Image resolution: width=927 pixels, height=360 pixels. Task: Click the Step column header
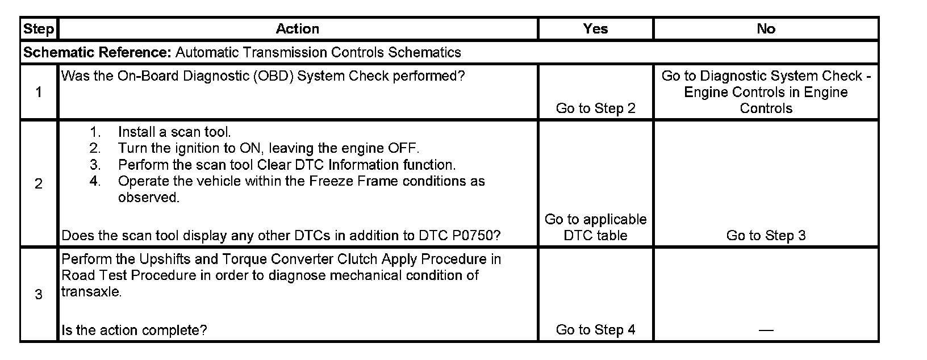[x=39, y=29]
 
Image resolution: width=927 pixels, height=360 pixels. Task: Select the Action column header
[x=297, y=29]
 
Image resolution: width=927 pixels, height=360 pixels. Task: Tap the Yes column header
[x=595, y=29]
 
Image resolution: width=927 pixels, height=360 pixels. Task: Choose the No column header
[x=766, y=29]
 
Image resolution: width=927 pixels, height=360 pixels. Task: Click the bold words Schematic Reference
[x=97, y=53]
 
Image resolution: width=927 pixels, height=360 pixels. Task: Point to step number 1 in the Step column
[x=39, y=92]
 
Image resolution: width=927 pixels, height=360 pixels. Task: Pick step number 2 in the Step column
[x=39, y=183]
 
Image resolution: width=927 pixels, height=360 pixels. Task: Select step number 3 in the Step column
[x=39, y=294]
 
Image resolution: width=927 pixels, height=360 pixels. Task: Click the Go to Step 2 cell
[x=595, y=108]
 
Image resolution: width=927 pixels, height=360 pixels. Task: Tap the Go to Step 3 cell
[x=766, y=236]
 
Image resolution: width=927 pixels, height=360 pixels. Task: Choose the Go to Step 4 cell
[x=595, y=330]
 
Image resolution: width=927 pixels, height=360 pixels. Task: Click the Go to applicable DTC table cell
[x=595, y=227]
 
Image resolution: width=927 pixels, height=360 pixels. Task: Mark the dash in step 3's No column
[x=766, y=330]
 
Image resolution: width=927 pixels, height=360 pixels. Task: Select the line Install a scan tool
[x=174, y=132]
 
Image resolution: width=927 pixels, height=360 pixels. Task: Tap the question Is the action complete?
[x=134, y=330]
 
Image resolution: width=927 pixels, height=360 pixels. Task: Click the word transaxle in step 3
[x=90, y=292]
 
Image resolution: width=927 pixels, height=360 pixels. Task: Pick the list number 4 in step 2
[x=95, y=182]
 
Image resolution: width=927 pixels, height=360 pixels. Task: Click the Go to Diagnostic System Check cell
[x=766, y=92]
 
